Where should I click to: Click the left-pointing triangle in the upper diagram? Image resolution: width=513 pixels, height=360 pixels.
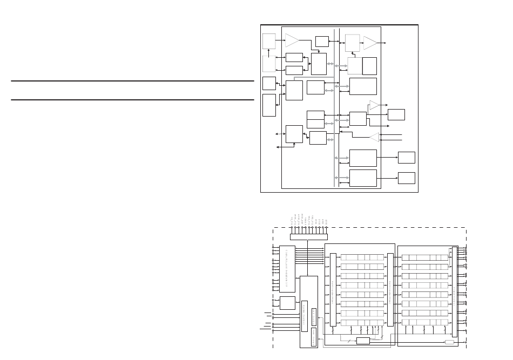coord(374,137)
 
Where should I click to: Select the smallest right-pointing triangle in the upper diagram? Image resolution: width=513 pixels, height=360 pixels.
coord(374,105)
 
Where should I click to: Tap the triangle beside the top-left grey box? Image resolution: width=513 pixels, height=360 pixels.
coord(292,40)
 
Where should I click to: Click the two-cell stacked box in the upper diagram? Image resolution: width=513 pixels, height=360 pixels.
coord(315,119)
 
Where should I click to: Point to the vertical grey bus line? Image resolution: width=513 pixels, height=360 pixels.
coord(334,108)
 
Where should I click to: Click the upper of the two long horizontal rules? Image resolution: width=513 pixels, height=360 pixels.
coord(132,81)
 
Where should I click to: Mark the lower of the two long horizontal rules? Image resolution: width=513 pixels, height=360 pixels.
coord(132,100)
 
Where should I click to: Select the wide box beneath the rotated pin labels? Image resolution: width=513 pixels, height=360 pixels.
coord(308,236)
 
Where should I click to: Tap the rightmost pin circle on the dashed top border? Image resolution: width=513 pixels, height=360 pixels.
coord(326,227)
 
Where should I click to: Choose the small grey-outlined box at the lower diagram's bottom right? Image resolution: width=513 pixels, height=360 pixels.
coord(449,342)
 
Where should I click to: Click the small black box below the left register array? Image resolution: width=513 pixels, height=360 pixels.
coord(363,341)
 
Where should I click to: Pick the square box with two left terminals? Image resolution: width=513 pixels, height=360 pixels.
coord(287,303)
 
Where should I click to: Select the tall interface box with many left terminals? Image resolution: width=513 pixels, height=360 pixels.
coord(287,269)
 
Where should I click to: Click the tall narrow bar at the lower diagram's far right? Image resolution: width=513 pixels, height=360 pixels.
coord(454,291)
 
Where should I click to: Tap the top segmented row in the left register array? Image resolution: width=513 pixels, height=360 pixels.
coord(362,257)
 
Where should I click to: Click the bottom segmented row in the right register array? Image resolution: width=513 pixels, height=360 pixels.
coord(425,322)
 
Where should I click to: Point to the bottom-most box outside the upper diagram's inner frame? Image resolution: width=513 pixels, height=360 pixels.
coord(406,178)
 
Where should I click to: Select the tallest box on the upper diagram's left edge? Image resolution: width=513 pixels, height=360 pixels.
coord(269,105)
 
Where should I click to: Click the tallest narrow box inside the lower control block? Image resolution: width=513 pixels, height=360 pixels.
coord(304,316)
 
